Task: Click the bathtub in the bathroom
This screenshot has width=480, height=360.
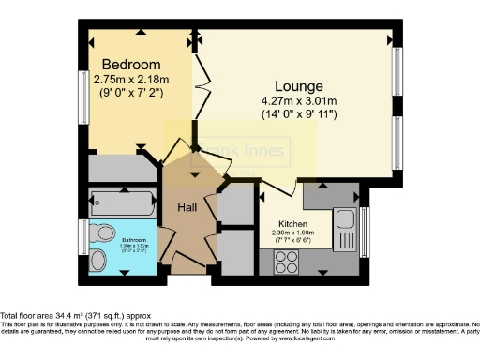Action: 122,202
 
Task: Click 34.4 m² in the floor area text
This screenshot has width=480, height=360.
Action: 68,315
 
